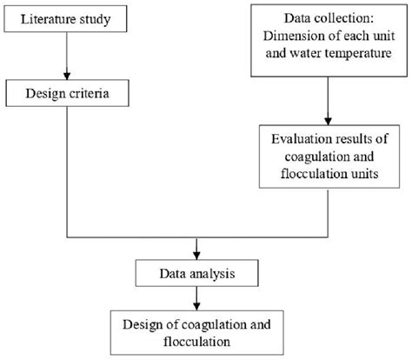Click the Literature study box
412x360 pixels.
[x=67, y=18]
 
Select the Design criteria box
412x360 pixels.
[x=67, y=93]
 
